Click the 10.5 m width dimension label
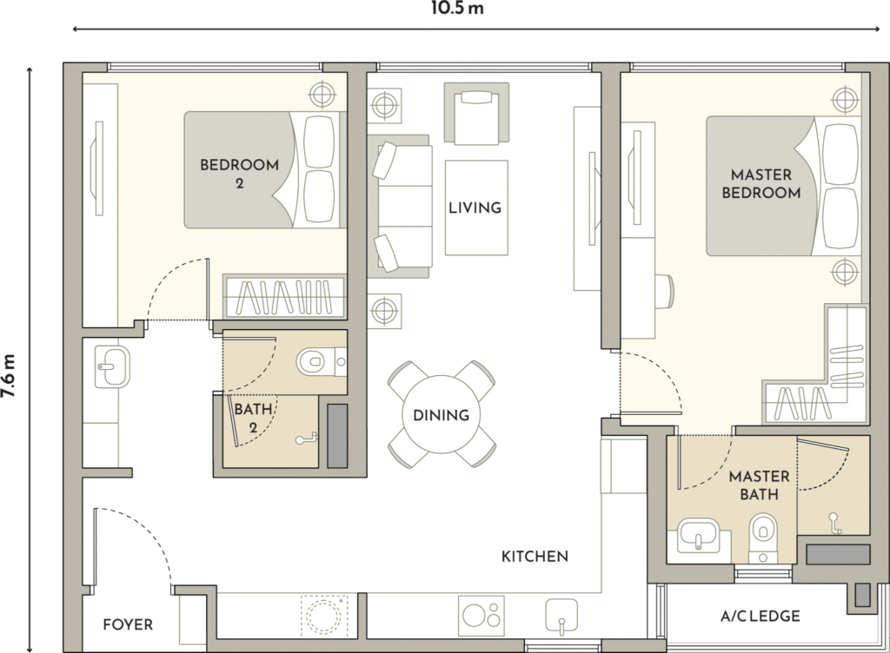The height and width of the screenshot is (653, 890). (x=457, y=9)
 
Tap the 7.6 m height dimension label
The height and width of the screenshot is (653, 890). (x=8, y=375)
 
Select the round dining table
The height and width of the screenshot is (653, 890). (x=441, y=414)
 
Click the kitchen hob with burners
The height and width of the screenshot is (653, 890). (x=481, y=616)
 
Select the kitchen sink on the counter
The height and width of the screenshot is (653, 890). (x=561, y=617)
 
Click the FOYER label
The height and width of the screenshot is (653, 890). (x=128, y=624)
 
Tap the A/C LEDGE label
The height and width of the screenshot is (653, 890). (x=760, y=617)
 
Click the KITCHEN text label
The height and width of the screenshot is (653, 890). (x=535, y=557)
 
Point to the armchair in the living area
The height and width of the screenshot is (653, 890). (x=476, y=113)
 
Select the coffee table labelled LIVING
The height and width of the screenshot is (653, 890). (x=476, y=208)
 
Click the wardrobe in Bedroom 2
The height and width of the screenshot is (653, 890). (x=284, y=296)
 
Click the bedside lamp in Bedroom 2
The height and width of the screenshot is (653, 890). (x=322, y=93)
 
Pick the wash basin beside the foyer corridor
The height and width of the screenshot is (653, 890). (x=112, y=367)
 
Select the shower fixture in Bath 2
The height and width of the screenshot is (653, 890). (x=307, y=439)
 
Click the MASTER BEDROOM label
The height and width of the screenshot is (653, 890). (x=761, y=184)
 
